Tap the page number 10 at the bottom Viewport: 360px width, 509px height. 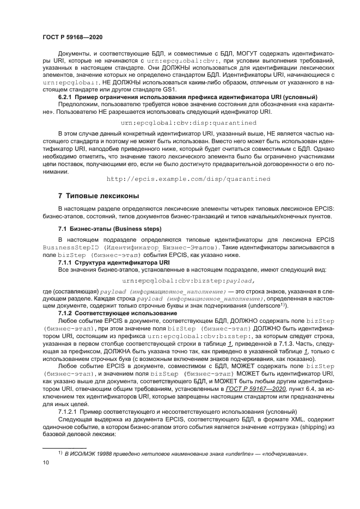[x=45, y=462]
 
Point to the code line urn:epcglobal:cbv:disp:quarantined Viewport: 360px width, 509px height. [x=188, y=123]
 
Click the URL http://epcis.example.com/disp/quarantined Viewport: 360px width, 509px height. [x=188, y=179]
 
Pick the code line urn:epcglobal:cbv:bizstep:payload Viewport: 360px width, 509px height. [x=188, y=280]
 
